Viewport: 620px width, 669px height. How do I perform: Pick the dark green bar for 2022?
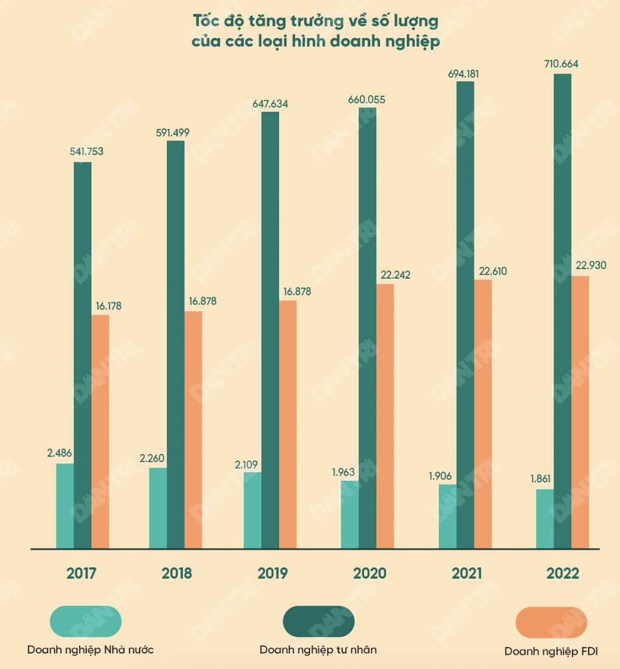pyautogui.click(x=562, y=311)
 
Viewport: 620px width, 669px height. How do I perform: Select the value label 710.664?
pyautogui.click(x=562, y=64)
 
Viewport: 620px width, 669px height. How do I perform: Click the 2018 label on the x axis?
pyautogui.click(x=177, y=574)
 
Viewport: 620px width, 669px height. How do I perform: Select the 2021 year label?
pyautogui.click(x=466, y=574)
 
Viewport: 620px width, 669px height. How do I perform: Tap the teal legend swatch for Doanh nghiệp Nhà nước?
pyautogui.click(x=86, y=622)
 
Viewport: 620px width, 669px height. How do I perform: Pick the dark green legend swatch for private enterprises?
pyautogui.click(x=319, y=622)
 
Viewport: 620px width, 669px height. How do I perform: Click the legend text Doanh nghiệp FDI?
pyautogui.click(x=551, y=651)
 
